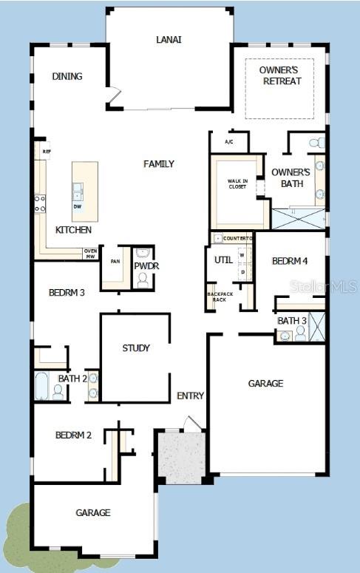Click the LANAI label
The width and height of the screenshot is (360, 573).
coord(169,39)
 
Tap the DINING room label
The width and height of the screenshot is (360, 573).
coord(67,76)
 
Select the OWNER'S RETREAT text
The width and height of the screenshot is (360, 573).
coord(281,75)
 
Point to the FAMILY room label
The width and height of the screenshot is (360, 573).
coord(159,163)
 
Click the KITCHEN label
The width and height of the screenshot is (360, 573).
coord(74,230)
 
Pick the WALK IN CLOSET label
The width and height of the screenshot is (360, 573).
coord(237,183)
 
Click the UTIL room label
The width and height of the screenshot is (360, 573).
coord(224,260)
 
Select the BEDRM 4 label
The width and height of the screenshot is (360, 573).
coord(289,261)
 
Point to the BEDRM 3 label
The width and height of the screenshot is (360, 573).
coord(67,292)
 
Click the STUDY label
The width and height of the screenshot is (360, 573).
coord(136,347)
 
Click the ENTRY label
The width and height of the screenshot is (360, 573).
coord(191,396)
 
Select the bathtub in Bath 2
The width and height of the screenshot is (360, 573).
coord(41,386)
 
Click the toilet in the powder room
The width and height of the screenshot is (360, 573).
coord(143,280)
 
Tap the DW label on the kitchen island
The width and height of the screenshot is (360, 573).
coord(78,206)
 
